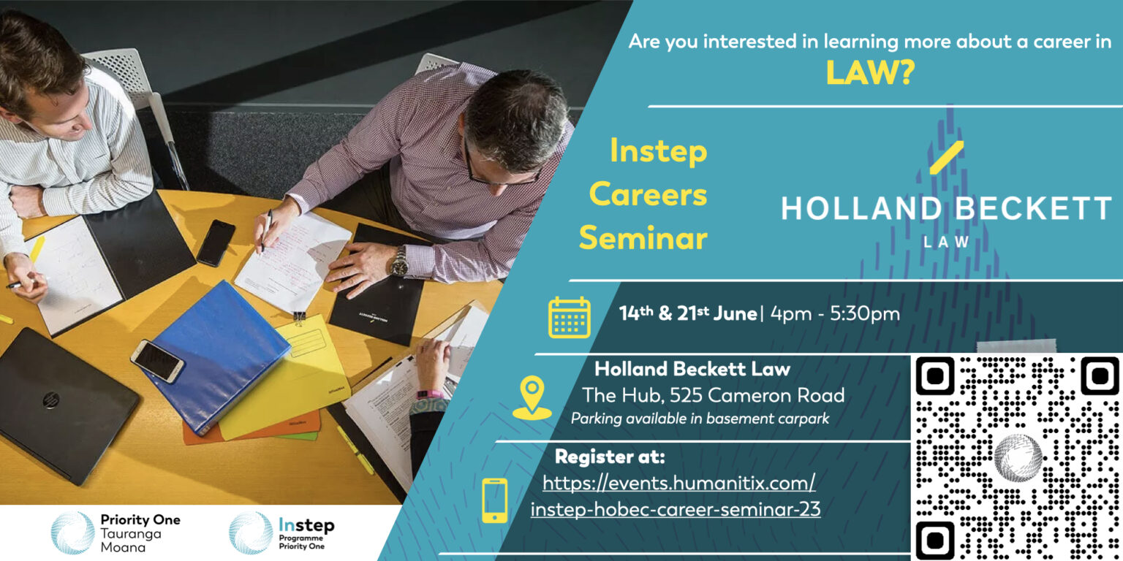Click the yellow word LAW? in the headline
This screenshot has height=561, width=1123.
coord(870,72)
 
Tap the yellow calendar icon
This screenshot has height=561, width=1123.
coord(569,317)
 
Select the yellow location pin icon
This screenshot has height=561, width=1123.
coord(532,397)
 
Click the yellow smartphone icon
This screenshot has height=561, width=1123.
coord(495,500)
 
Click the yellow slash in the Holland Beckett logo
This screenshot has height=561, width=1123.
coord(947,157)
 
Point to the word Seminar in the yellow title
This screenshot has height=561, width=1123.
coord(643,237)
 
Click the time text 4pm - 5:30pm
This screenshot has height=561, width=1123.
coord(835,314)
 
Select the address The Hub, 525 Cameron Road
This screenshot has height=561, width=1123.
coord(713,395)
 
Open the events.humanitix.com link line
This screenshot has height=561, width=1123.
coord(678,484)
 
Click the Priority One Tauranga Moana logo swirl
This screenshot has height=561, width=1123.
coord(72,533)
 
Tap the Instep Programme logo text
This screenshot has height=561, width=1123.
coord(306,533)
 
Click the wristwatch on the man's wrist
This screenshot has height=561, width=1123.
coord(400,261)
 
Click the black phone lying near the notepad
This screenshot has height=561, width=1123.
coord(216,243)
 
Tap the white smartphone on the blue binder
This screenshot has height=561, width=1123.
coord(157,361)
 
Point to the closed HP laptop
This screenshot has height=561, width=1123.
coord(63,405)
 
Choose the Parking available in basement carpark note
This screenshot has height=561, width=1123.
coord(700,419)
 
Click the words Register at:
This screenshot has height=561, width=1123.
coord(610,457)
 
